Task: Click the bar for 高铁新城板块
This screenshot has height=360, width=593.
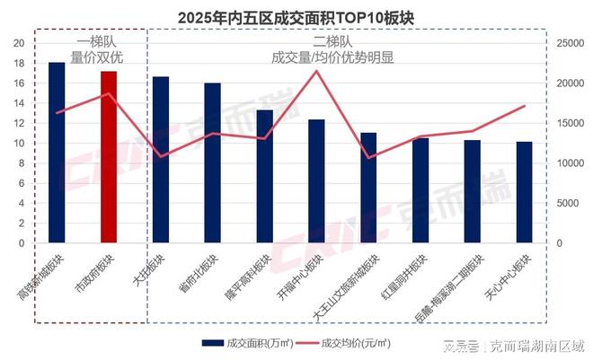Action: [x=57, y=153]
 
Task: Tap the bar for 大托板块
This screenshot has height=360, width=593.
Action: [x=161, y=160]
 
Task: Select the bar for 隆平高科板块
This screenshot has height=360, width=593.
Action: [x=265, y=176]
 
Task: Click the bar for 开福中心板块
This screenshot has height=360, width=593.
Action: [x=316, y=180]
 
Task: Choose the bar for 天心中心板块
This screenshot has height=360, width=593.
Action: [x=524, y=192]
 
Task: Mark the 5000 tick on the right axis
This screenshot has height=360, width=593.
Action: [x=569, y=203]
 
